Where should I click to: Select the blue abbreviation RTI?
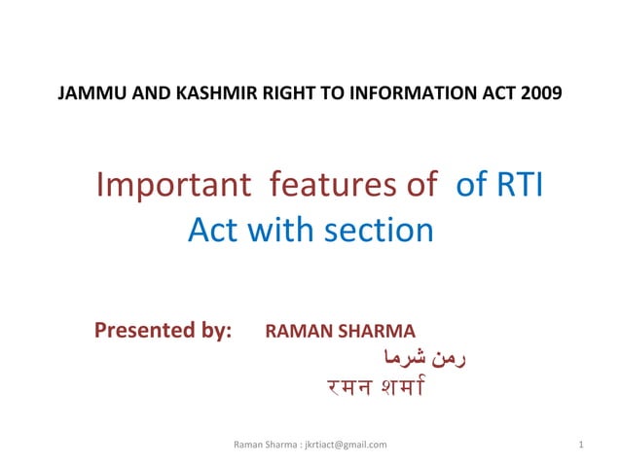pos(520,185)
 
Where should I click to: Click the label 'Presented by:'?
pos(163,331)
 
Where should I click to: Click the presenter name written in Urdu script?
pos(425,357)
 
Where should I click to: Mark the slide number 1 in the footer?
pos(580,445)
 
